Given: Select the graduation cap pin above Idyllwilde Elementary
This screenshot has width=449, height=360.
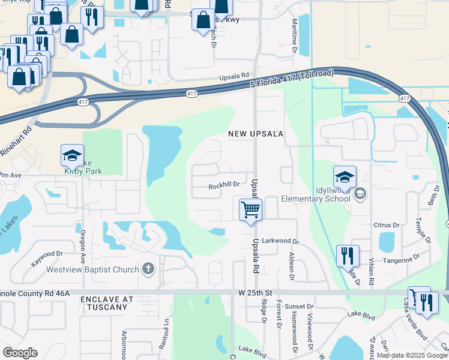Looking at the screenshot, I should pyautogui.click(x=345, y=177).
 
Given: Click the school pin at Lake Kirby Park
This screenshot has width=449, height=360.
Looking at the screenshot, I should pyautogui.click(x=72, y=157).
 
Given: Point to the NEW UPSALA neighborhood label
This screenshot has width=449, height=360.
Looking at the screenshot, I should pyautogui.click(x=255, y=134).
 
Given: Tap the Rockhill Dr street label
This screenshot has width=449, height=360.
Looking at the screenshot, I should pyautogui.click(x=224, y=185).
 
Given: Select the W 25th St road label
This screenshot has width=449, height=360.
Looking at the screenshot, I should pyautogui.click(x=255, y=292).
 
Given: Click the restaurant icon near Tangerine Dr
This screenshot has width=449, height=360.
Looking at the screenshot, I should pyautogui.click(x=348, y=255).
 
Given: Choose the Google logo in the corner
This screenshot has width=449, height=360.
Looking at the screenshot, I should pyautogui.click(x=20, y=352).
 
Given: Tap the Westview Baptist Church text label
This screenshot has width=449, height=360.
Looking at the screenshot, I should pyautogui.click(x=92, y=269).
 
